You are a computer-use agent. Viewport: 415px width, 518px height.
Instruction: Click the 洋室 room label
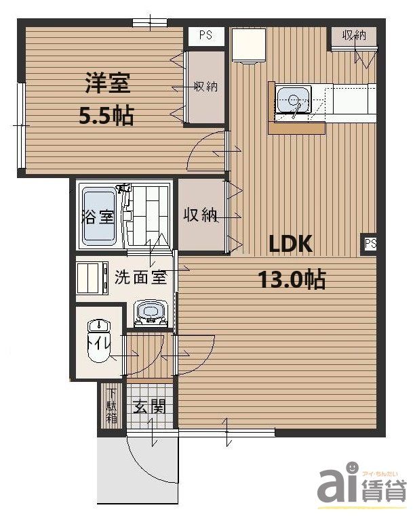click(x=107, y=85)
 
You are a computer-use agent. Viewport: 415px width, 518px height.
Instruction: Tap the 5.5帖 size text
click(x=106, y=116)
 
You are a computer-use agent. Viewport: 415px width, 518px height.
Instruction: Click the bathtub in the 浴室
click(x=99, y=217)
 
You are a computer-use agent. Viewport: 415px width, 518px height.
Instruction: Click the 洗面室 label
click(x=140, y=277)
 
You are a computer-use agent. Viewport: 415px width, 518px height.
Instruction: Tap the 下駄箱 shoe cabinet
click(x=111, y=406)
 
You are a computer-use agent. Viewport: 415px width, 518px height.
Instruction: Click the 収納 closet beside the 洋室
click(x=205, y=87)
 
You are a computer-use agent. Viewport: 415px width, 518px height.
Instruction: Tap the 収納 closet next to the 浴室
click(x=200, y=215)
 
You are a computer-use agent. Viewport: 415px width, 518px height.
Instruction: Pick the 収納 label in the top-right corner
click(x=354, y=35)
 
